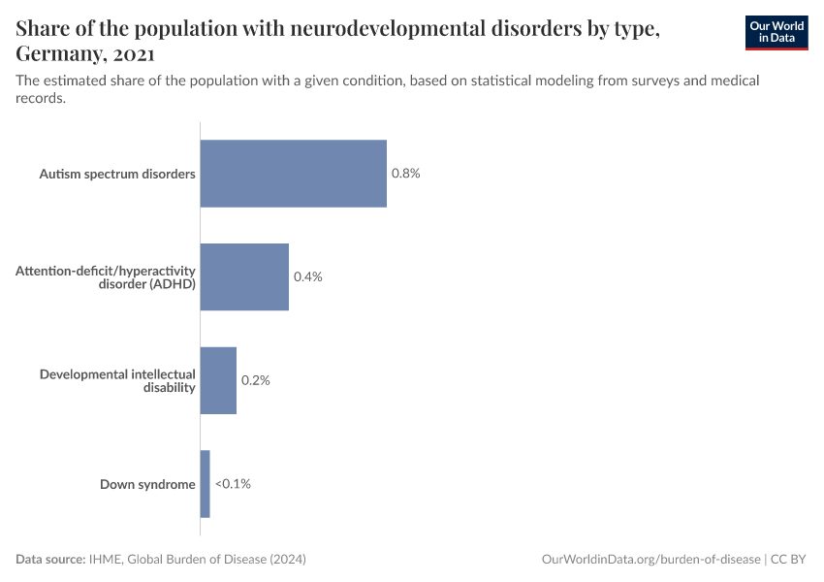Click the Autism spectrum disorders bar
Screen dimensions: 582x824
[293, 174]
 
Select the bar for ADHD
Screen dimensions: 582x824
[244, 276]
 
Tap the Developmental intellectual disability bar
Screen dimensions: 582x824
[218, 380]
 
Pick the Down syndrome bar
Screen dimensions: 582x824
[205, 484]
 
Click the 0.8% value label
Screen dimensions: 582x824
[405, 174]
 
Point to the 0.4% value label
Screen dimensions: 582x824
[307, 276]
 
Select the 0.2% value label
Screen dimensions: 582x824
[255, 380]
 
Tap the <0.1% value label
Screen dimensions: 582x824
[233, 484]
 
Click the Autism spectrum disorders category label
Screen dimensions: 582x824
[117, 175]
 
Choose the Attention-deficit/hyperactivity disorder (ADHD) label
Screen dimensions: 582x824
[106, 277]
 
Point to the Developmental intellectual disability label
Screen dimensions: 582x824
[117, 380]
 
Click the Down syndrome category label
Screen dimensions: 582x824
[147, 484]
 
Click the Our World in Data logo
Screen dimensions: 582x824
[776, 32]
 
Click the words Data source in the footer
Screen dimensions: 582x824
[49, 560]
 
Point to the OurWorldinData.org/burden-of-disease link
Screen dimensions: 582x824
[650, 560]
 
